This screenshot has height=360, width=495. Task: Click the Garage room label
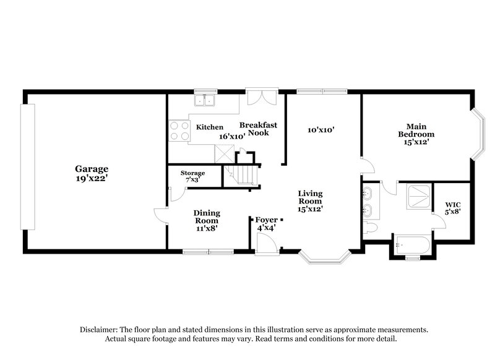(x=92, y=168)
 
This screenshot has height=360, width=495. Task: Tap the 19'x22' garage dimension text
(x=92, y=178)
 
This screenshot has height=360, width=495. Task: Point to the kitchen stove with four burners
(x=179, y=130)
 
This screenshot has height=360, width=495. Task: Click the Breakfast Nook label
(x=258, y=129)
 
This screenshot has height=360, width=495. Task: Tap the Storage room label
(x=192, y=173)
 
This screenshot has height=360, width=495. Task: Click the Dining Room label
(x=207, y=216)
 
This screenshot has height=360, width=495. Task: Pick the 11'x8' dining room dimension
(x=207, y=228)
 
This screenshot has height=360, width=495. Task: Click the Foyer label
(x=267, y=218)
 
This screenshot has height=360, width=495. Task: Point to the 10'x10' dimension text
(x=321, y=130)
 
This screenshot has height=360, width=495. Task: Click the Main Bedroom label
(x=416, y=130)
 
